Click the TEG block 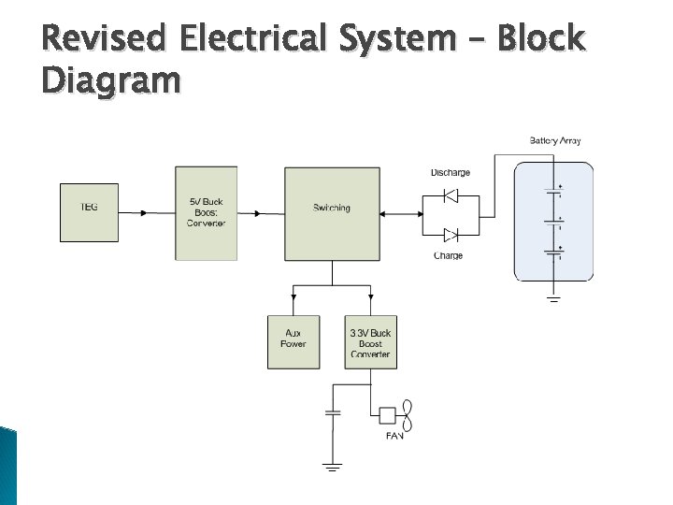(x=89, y=212)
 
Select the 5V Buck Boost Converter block (x=206, y=213)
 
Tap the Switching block (x=332, y=214)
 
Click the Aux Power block (x=294, y=341)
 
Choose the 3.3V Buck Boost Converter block (x=370, y=341)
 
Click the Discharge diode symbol (x=450, y=195)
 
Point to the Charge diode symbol (x=450, y=234)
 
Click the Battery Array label (x=555, y=141)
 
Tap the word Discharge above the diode (x=450, y=173)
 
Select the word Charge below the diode (x=448, y=255)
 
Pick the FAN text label (x=394, y=437)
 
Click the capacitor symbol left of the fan (x=332, y=411)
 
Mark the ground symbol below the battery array (x=553, y=299)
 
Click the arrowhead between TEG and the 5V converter (x=142, y=213)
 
